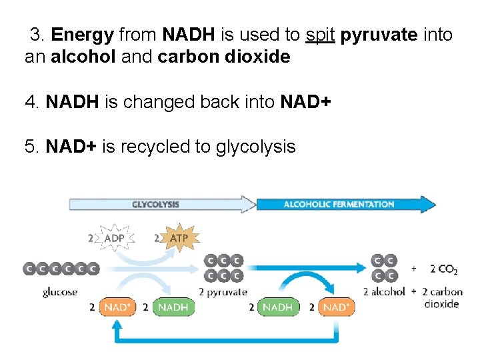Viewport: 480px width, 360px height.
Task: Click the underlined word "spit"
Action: (x=321, y=35)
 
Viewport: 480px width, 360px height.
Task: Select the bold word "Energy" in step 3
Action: (x=82, y=35)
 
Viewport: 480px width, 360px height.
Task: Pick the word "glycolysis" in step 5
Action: (x=255, y=147)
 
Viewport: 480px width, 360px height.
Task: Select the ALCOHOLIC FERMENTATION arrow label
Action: (x=339, y=205)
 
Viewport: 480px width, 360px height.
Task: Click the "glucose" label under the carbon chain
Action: (x=59, y=291)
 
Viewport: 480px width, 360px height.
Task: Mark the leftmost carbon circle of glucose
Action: (x=30, y=268)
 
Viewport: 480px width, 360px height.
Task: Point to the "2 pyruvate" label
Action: (x=223, y=291)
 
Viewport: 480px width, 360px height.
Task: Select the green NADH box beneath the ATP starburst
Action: (x=173, y=307)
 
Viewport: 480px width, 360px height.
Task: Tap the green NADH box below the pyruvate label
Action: (x=277, y=307)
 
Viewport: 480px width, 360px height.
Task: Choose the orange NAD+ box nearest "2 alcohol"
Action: (x=335, y=307)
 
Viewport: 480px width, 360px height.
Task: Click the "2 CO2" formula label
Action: (x=443, y=269)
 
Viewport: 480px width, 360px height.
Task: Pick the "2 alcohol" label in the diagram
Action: (x=384, y=291)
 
